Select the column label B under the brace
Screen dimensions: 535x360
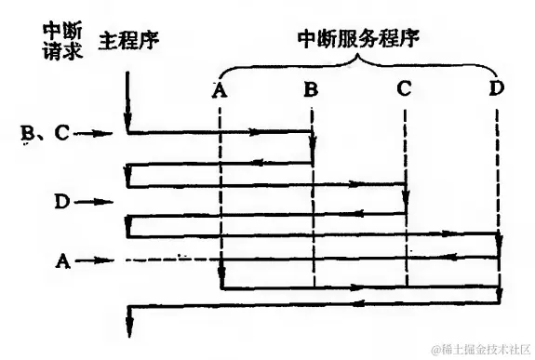(312, 90)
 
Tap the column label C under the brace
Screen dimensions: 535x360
(404, 89)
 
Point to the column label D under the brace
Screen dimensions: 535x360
(497, 89)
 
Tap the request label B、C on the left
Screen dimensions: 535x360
(44, 134)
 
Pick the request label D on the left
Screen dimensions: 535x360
(62, 199)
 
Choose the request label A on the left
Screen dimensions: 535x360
(63, 261)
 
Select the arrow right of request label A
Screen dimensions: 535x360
(96, 261)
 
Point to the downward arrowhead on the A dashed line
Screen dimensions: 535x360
(221, 276)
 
